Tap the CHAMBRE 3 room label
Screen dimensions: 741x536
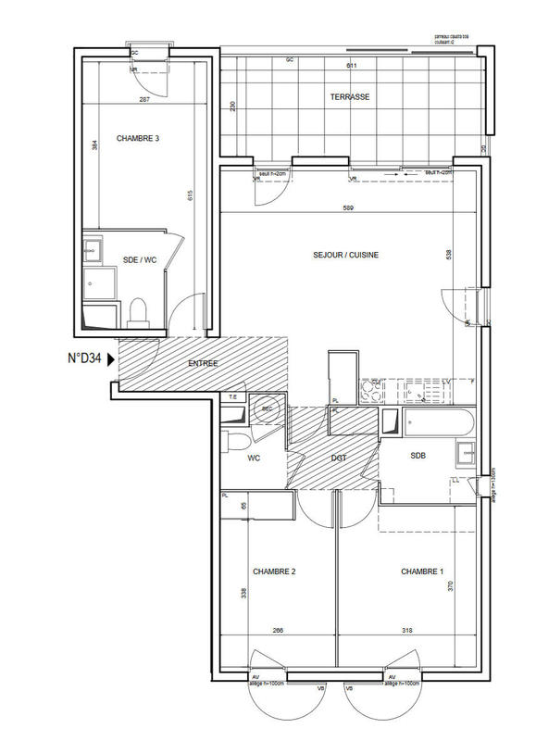pyautogui.click(x=138, y=138)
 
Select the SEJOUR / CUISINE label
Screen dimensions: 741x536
pyautogui.click(x=347, y=255)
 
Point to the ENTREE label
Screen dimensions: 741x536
pyautogui.click(x=203, y=363)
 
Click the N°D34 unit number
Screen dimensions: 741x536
pyautogui.click(x=83, y=358)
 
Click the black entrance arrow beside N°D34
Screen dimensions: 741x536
pyautogui.click(x=112, y=359)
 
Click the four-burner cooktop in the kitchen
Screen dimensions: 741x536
pyautogui.click(x=376, y=393)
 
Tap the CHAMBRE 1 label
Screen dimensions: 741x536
pyautogui.click(x=422, y=571)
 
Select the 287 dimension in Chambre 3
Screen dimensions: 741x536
pyautogui.click(x=144, y=99)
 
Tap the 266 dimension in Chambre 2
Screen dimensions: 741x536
pyautogui.click(x=278, y=631)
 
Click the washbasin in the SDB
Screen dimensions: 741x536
pyautogui.click(x=465, y=452)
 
